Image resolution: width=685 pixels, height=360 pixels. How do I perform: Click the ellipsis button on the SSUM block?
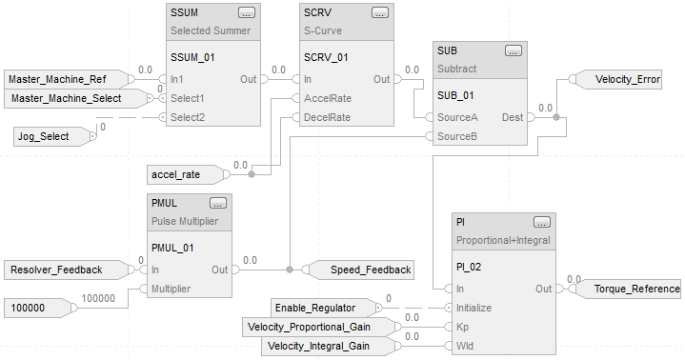(247, 12)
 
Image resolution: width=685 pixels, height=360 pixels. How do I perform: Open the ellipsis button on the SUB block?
(513, 50)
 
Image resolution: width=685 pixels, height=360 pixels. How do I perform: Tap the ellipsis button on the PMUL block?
(218, 203)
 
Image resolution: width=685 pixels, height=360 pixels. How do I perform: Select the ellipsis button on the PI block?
(542, 222)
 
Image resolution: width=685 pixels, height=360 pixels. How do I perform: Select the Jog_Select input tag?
(54, 136)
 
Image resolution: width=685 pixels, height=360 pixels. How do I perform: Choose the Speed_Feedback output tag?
(358, 270)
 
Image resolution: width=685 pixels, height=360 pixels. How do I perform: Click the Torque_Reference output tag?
(625, 289)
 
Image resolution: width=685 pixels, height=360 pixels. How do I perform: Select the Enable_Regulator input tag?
(327, 308)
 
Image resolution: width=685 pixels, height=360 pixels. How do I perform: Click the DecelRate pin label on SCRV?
(327, 117)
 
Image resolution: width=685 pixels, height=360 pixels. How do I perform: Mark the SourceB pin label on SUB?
(457, 136)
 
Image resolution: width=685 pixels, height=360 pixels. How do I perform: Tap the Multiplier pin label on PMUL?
(171, 289)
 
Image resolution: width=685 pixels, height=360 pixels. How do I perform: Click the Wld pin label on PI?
(465, 346)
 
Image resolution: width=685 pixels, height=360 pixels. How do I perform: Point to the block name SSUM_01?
(192, 57)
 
